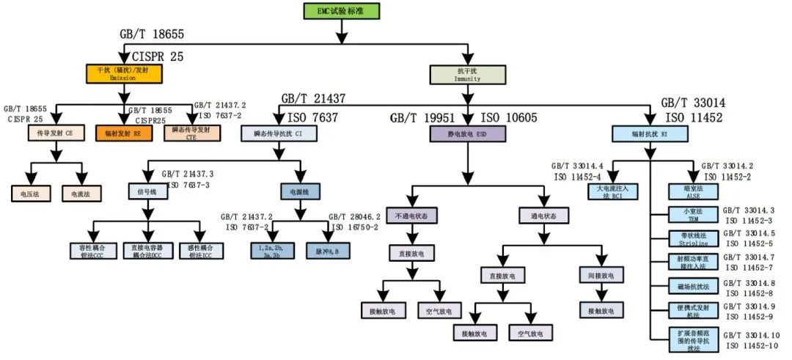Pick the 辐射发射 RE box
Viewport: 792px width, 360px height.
122,133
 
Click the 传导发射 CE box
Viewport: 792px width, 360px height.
54,133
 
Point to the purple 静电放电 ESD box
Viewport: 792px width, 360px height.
466,133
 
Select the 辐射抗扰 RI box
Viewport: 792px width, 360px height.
648,133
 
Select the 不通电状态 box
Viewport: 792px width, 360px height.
411,216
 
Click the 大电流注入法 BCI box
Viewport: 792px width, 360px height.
613,192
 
